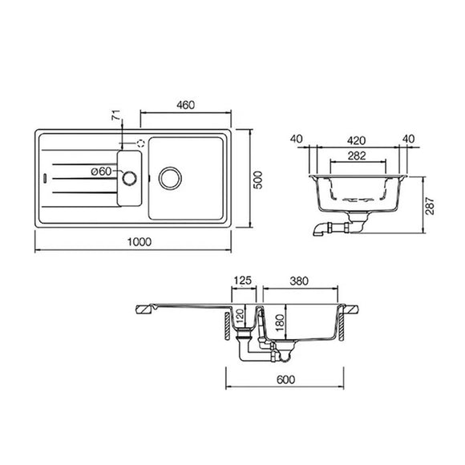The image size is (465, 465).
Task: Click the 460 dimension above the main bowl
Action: coord(187,104)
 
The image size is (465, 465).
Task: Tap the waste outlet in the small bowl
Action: coord(129,175)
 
